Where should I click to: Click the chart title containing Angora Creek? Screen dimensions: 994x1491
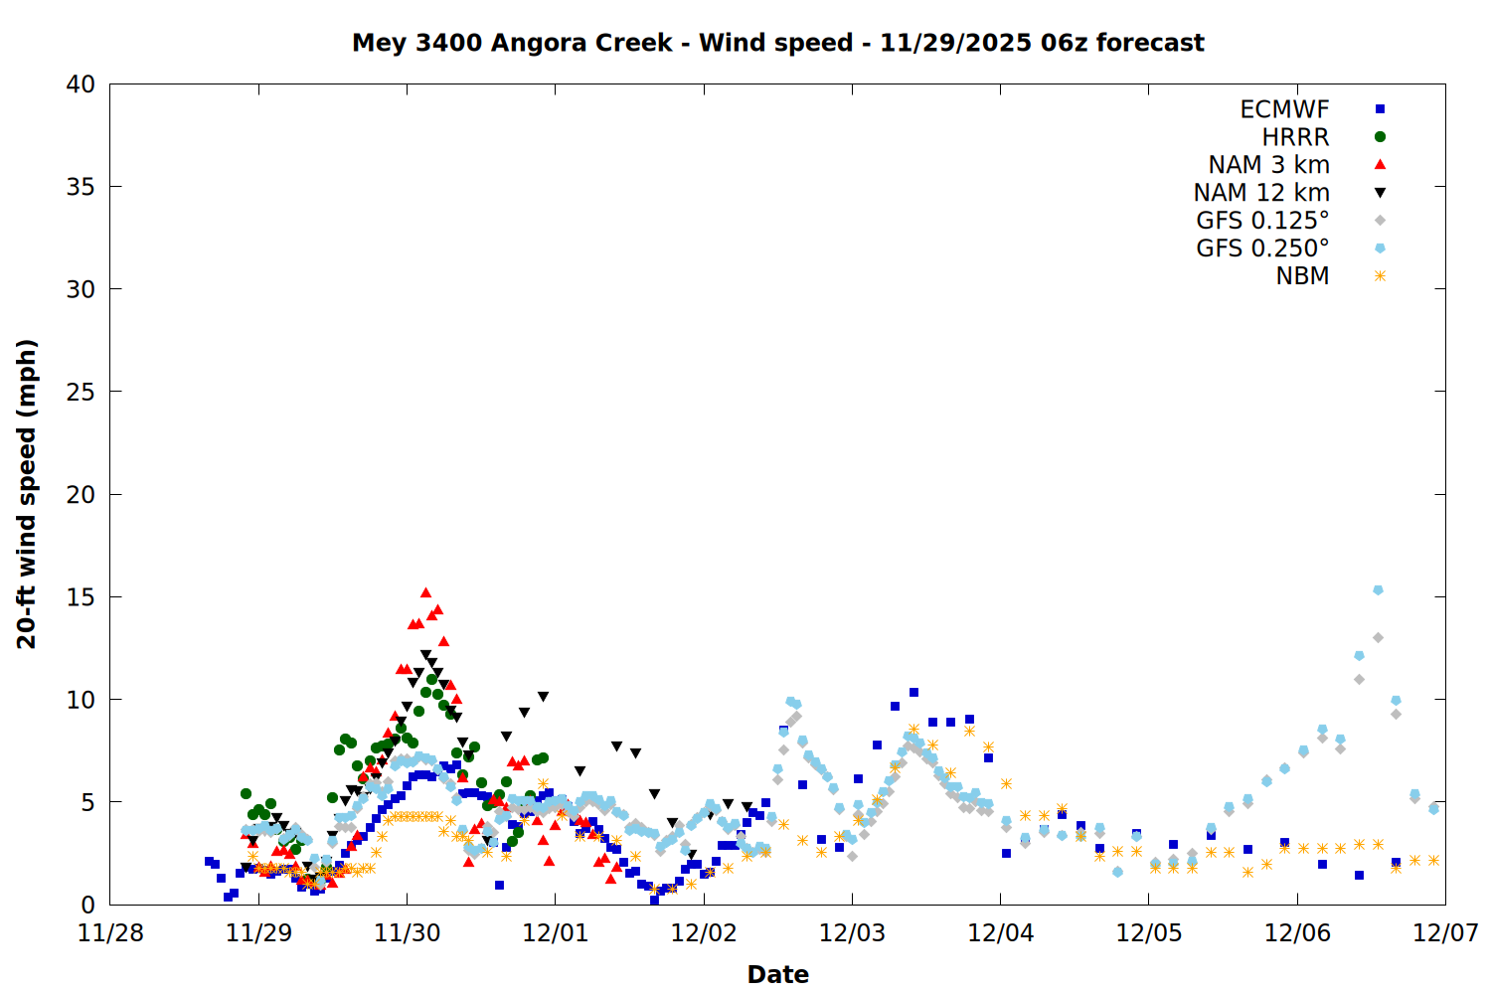tap(777, 43)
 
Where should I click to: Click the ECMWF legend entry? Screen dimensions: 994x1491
tap(1284, 109)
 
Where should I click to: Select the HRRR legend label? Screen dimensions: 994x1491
tap(1295, 137)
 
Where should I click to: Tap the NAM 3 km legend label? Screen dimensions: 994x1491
tap(1268, 165)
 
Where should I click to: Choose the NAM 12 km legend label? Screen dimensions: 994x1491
tap(1261, 193)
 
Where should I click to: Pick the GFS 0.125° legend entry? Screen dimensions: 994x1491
tap(1262, 221)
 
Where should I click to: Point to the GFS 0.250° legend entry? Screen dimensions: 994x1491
tap(1262, 248)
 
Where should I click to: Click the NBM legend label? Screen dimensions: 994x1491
tap(1302, 276)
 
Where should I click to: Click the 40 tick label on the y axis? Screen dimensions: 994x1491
tap(81, 84)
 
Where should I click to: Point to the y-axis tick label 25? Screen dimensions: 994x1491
tap(81, 392)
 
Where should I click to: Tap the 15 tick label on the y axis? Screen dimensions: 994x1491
tap(81, 597)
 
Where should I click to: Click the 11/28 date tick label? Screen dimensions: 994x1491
tap(110, 933)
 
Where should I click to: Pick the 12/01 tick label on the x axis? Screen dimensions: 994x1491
tap(555, 933)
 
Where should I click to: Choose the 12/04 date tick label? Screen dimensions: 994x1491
tap(1000, 933)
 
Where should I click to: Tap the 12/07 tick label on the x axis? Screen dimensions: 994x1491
tap(1445, 933)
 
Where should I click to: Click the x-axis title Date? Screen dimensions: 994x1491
tap(777, 974)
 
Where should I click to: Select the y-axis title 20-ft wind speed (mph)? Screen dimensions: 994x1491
tap(27, 494)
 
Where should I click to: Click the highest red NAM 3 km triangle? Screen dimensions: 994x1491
tap(425, 593)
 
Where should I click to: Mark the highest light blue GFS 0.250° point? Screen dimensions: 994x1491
tap(1378, 590)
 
